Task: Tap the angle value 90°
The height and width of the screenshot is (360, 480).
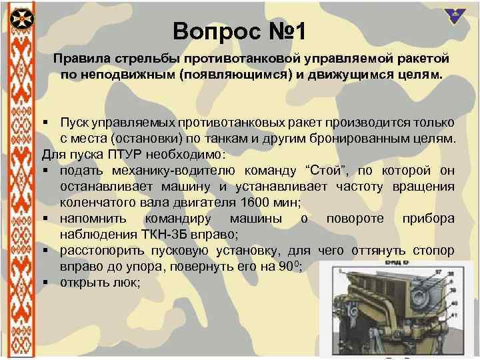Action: [287, 267]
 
